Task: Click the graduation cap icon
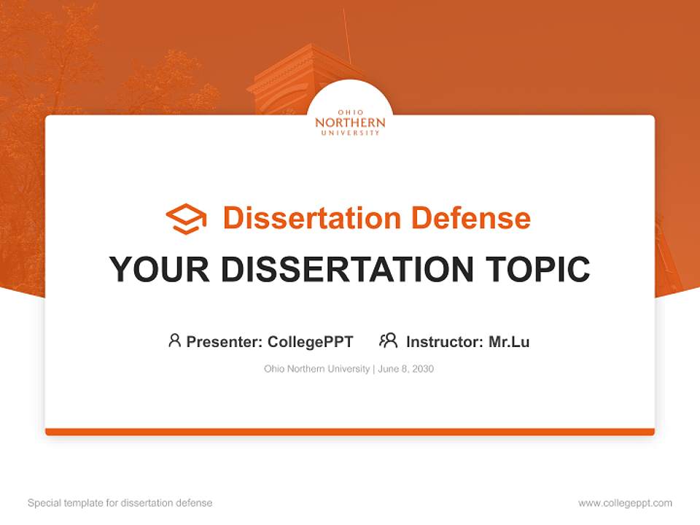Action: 186,219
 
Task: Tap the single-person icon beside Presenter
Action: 174,341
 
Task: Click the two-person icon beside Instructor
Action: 388,341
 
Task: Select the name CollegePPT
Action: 310,341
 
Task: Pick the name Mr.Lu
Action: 509,341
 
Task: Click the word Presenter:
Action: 225,341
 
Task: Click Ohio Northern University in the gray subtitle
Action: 316,369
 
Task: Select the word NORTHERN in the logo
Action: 350,123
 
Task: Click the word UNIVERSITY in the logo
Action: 350,133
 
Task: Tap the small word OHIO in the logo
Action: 350,112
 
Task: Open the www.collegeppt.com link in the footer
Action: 625,503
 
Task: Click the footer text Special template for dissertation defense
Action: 120,503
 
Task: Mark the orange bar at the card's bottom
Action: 350,432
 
